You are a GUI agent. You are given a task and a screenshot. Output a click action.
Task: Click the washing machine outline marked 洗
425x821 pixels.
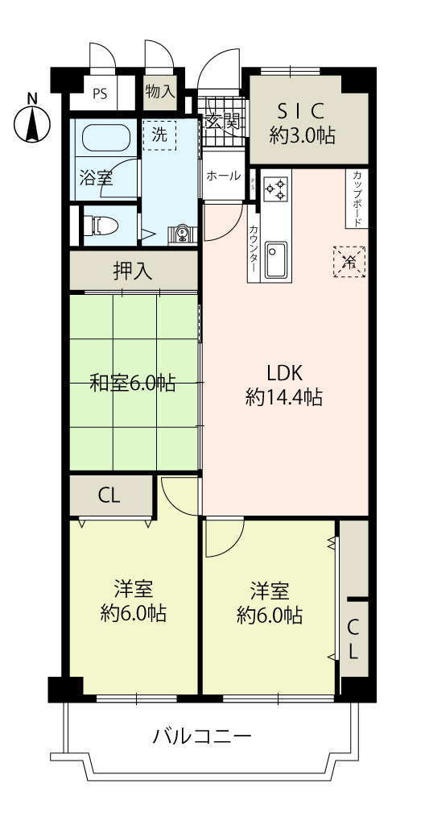pyautogui.click(x=159, y=135)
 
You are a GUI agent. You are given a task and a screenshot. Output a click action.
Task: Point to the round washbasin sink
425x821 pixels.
pyautogui.click(x=182, y=233)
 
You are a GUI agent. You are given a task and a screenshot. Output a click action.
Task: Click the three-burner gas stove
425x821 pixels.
pyautogui.click(x=276, y=189)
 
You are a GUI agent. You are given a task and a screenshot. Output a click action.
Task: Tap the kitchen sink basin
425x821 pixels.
pyautogui.click(x=275, y=260)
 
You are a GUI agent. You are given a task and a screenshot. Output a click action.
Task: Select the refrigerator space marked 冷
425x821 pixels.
pyautogui.click(x=349, y=262)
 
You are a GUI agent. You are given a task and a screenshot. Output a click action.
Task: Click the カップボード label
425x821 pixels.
pyautogui.click(x=357, y=198)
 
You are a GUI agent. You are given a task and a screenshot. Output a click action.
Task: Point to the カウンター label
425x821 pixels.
pyautogui.click(x=254, y=247)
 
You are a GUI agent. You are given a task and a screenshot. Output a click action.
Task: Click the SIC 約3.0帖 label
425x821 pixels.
pyautogui.click(x=303, y=123)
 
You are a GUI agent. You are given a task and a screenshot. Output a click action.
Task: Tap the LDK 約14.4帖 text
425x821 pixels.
pyautogui.click(x=284, y=386)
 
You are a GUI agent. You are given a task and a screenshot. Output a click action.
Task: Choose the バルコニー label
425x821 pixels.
pyautogui.click(x=203, y=737)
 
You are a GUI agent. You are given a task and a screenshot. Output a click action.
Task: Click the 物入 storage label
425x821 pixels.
pyautogui.click(x=160, y=93)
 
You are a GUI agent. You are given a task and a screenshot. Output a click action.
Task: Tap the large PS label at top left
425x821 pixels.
pyautogui.click(x=100, y=94)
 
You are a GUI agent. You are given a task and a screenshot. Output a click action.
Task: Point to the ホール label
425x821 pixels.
pyautogui.click(x=224, y=176)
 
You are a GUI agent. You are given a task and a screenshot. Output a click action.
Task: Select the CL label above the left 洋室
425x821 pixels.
pyautogui.click(x=109, y=496)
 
